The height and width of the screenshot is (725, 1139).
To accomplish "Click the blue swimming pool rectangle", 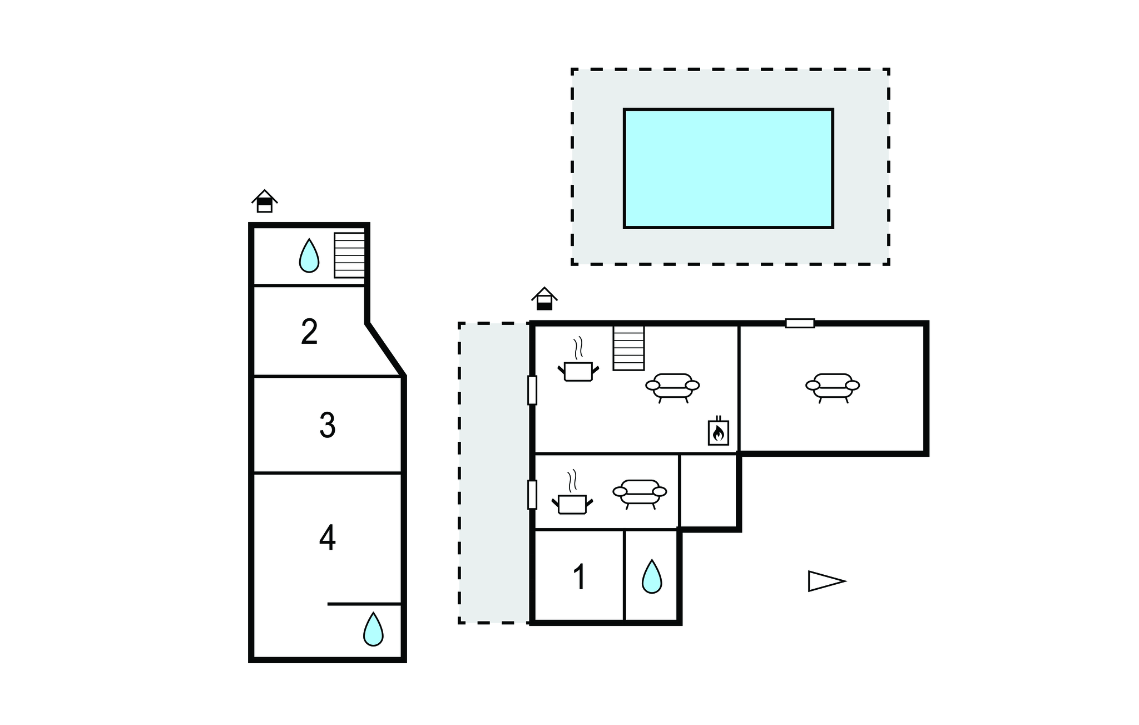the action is [x=729, y=168].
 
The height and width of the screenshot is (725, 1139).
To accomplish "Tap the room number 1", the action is [x=580, y=577].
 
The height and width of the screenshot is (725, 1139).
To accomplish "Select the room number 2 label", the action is [x=309, y=332].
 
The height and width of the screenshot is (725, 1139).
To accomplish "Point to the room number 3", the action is [x=328, y=425].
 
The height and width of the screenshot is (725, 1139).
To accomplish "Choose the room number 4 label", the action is [x=328, y=537].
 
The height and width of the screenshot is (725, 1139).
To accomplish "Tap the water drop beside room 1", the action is [x=652, y=576].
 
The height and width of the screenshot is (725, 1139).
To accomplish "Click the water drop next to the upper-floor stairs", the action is [x=309, y=255].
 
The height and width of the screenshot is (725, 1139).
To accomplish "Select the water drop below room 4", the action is [x=373, y=629].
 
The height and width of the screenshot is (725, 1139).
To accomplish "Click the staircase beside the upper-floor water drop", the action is [x=349, y=255].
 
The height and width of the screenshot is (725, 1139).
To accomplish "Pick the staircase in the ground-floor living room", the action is [x=628, y=348].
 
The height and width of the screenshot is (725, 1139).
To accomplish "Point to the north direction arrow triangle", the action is [x=827, y=581].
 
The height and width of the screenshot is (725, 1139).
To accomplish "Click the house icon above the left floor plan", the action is [x=265, y=201].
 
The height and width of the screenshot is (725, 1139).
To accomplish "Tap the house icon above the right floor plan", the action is [x=544, y=298].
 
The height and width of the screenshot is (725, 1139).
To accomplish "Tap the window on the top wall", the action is [x=800, y=323].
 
